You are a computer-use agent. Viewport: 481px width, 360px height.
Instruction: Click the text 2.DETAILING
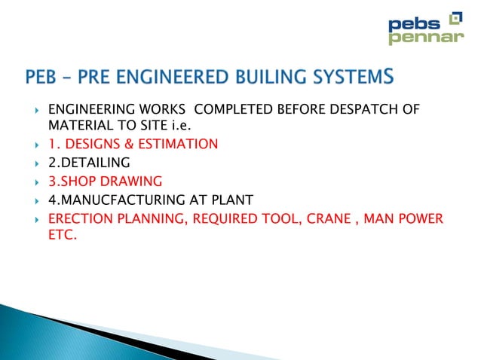coord(89,163)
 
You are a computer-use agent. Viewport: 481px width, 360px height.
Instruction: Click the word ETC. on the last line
coord(63,236)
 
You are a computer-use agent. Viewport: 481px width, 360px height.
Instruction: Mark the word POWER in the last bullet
coord(422,219)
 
